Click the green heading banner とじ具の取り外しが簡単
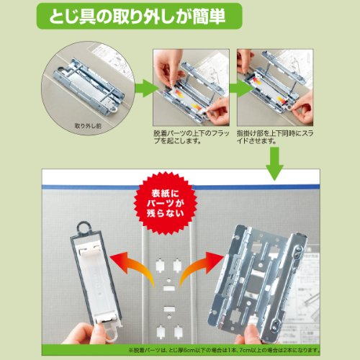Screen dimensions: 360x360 pos(139,16)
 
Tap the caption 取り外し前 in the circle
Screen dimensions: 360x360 pos(88,126)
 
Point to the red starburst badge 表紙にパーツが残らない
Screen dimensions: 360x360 pos(166,204)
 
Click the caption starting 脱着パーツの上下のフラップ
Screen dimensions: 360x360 pos(192,137)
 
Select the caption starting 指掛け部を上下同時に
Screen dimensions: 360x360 pos(275,137)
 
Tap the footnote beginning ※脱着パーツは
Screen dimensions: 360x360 pos(224,350)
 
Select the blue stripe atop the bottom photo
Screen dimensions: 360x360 pos(181,186)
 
